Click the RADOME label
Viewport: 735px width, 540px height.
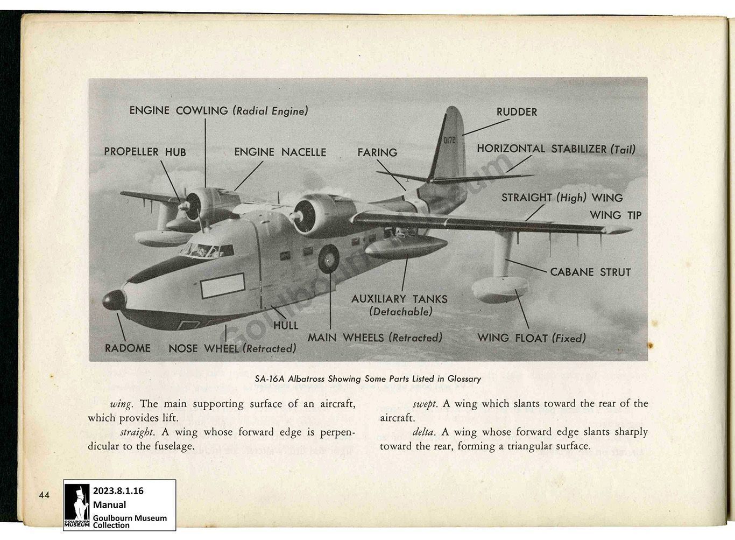[x=128, y=348]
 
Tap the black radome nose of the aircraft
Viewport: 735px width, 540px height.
[x=114, y=300]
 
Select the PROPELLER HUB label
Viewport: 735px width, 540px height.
[x=145, y=152]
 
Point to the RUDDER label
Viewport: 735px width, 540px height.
[x=517, y=112]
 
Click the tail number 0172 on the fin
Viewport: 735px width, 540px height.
[x=449, y=141]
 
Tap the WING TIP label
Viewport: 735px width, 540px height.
[x=616, y=215]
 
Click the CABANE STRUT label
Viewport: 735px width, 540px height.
[x=590, y=272]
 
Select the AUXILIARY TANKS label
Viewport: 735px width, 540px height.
[x=399, y=299]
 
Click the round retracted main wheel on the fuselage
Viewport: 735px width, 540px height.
[x=329, y=259]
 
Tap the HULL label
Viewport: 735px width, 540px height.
[x=286, y=325]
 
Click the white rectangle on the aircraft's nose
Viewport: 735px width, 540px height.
[x=222, y=286]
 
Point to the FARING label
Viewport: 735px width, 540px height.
[x=377, y=153]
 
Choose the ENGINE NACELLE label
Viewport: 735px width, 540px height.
[x=280, y=152]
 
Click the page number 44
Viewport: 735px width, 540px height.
[x=44, y=494]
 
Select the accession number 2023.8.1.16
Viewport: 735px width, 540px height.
[x=118, y=491]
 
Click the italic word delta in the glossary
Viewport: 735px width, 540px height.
[x=425, y=432]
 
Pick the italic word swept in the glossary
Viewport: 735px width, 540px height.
[x=425, y=404]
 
